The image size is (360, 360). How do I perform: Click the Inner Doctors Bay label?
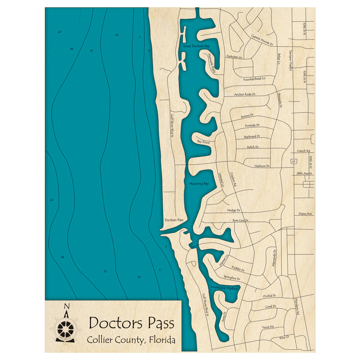(x=196, y=46)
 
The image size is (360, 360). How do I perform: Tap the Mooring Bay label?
(x=199, y=184)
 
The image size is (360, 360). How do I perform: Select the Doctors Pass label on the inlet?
(x=174, y=220)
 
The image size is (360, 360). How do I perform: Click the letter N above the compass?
(x=66, y=307)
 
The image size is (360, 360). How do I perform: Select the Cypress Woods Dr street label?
(x=262, y=40)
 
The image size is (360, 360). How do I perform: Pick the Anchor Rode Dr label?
(x=244, y=94)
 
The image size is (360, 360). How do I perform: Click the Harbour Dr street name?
(x=262, y=166)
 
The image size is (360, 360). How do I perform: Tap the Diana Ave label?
(x=305, y=214)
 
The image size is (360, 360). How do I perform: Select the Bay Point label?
(x=203, y=142)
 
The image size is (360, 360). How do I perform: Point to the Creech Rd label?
(x=303, y=151)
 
